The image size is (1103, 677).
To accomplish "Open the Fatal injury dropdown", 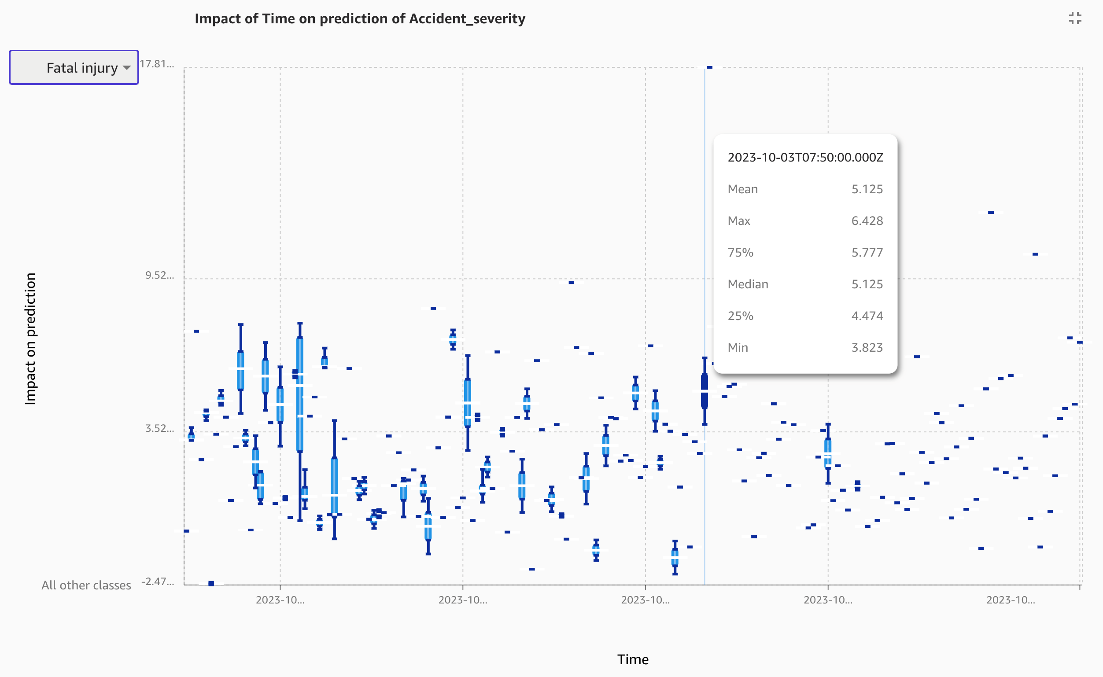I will (74, 68).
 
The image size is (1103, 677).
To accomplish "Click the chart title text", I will (360, 19).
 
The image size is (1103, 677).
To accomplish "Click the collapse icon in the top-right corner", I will (1075, 18).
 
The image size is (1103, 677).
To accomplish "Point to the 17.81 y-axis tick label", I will (157, 64).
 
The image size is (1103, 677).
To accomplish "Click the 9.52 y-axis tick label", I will (159, 276).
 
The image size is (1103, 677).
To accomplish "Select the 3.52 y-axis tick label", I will (159, 428).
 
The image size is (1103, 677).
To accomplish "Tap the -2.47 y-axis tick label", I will (158, 581).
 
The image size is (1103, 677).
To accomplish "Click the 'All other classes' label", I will (86, 585).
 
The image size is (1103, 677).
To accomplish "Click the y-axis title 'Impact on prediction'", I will (30, 338).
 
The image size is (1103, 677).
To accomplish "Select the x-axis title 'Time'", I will (633, 659).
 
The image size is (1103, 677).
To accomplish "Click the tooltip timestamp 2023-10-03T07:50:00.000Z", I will (805, 158).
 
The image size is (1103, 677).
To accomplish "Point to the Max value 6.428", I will (867, 221).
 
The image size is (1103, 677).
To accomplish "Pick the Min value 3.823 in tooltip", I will (867, 347).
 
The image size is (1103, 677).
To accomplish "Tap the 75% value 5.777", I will (867, 253).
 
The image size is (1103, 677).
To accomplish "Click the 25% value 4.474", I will (867, 316).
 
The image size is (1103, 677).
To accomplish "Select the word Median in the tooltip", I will (748, 284).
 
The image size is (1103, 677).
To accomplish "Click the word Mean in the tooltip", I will (742, 189).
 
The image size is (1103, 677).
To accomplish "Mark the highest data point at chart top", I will (709, 68).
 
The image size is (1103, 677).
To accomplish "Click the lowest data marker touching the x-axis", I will (211, 583).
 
